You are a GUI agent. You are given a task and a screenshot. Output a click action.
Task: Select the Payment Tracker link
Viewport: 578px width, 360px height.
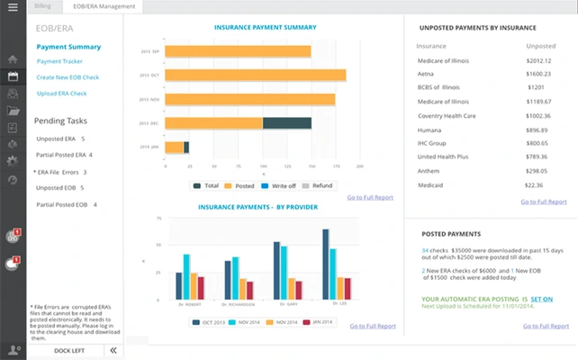(60, 61)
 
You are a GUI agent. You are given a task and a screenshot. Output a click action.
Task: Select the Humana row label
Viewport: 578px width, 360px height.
(433, 130)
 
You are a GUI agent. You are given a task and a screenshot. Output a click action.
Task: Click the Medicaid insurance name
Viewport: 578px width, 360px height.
(435, 184)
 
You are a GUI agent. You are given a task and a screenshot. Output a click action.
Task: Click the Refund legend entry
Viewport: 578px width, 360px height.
(317, 185)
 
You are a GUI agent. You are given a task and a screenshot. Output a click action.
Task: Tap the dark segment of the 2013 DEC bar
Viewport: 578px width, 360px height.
(286, 122)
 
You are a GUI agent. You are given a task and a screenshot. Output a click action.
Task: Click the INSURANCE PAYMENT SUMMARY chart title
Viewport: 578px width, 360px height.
(265, 28)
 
